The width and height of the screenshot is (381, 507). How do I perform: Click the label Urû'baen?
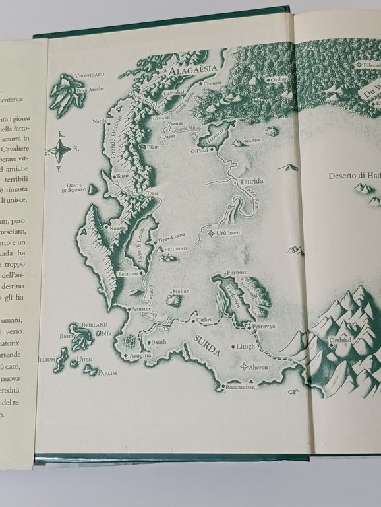click(x=226, y=233)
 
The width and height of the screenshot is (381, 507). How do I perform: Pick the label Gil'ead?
click(x=200, y=151)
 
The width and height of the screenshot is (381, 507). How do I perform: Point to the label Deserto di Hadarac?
click(x=355, y=176)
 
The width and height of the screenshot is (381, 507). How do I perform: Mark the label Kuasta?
click(x=119, y=227)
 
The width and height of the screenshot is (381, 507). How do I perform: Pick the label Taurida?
click(x=250, y=182)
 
